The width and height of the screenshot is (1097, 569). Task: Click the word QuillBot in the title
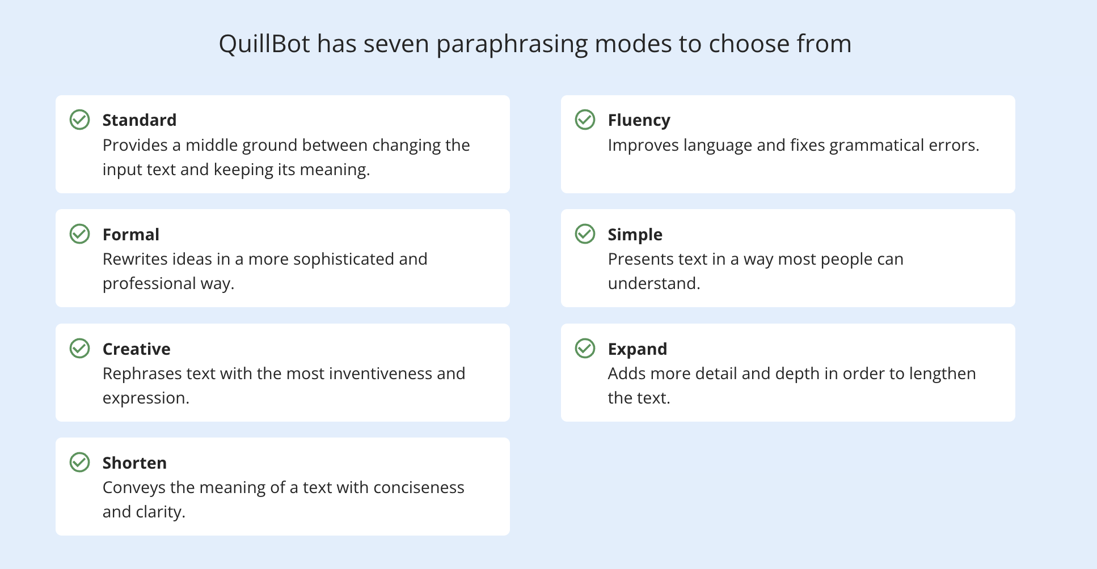pos(264,44)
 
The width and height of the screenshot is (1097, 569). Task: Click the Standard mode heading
pos(140,120)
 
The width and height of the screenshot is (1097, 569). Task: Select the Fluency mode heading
pos(639,120)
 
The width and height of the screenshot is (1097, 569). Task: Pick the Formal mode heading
pos(130,235)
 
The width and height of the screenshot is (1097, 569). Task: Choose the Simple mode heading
pos(635,235)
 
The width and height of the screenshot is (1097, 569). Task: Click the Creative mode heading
pos(136,349)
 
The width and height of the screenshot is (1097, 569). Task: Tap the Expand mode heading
pos(637,349)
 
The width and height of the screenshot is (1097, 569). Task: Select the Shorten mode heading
pos(134,463)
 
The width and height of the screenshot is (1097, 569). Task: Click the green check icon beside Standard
pos(79,120)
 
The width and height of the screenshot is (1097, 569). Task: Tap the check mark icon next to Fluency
pos(585,120)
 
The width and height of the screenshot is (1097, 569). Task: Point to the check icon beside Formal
pos(79,233)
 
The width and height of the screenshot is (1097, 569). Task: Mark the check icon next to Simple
pos(585,233)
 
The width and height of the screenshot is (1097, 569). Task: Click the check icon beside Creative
pos(79,349)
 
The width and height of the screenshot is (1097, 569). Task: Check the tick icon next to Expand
pos(585,349)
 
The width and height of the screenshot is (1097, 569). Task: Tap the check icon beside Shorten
pos(79,462)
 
